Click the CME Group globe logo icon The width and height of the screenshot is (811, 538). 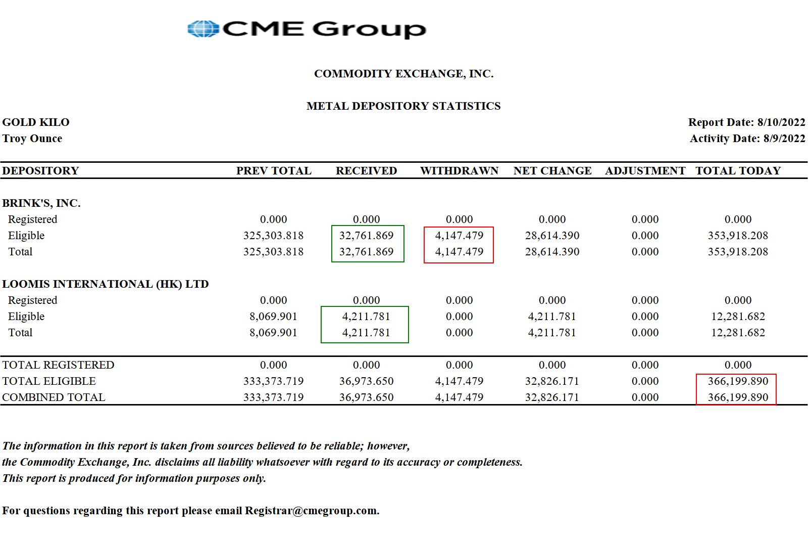(202, 29)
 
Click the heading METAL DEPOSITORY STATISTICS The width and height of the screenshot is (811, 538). (403, 106)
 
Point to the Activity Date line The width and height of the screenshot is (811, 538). (747, 139)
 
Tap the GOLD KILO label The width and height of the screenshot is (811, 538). (36, 122)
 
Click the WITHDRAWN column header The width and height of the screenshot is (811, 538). (459, 171)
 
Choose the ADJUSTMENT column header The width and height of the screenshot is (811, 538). (645, 171)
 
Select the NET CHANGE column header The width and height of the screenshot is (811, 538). (552, 171)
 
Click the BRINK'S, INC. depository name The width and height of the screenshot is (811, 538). (41, 203)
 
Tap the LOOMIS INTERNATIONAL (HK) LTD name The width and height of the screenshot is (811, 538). (106, 284)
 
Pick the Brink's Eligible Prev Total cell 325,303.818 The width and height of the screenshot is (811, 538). (273, 236)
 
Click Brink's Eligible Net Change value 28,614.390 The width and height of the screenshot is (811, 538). (552, 236)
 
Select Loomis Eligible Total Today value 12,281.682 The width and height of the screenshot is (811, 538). (738, 317)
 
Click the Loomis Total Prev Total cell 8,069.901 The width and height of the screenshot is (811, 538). (273, 333)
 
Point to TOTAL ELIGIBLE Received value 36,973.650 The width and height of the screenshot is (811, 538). (366, 381)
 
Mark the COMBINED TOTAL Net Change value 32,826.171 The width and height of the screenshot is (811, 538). (552, 397)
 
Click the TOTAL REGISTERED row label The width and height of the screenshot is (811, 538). (58, 365)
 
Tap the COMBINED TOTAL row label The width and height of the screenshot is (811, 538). (54, 397)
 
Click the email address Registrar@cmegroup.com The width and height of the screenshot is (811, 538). (311, 511)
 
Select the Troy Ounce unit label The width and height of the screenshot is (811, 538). (32, 139)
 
